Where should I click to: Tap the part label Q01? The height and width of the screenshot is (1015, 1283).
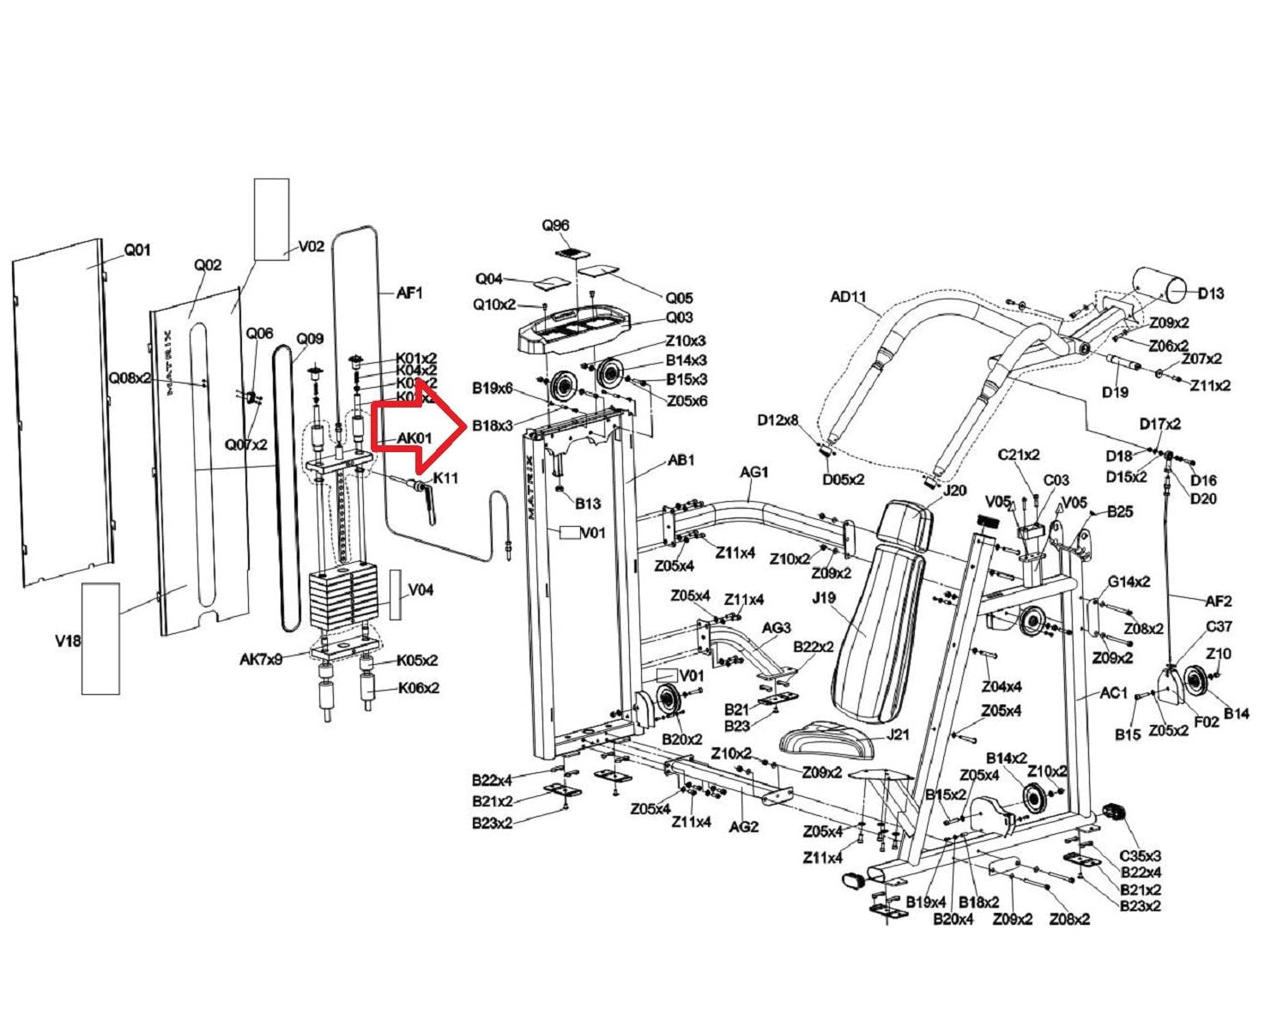point(137,251)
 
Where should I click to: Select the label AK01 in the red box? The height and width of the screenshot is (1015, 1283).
point(414,439)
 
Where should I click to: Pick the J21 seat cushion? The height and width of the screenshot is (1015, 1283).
point(828,740)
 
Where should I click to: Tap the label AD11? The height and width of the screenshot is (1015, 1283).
point(848,297)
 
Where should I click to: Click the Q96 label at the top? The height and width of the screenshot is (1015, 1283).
point(555,226)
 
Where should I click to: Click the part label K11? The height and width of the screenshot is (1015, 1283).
point(445,478)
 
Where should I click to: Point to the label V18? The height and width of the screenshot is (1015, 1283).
point(68,641)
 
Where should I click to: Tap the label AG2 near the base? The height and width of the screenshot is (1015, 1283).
point(743,826)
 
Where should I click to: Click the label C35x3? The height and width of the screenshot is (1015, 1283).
point(1141,855)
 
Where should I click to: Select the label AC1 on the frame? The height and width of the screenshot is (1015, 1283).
point(1113,692)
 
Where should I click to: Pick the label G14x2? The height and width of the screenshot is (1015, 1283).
point(1129,582)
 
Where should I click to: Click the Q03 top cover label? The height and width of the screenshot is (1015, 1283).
point(679,317)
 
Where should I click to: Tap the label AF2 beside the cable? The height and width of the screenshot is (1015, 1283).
point(1218,601)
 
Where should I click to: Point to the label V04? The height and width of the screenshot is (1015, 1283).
point(421,590)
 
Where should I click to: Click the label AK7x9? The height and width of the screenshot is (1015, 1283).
point(261,660)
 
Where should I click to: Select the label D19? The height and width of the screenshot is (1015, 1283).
point(1115,392)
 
